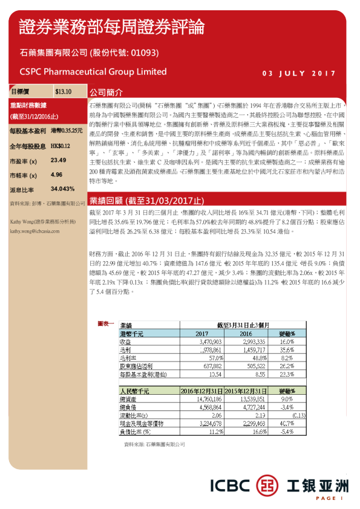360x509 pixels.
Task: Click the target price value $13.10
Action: [63, 92]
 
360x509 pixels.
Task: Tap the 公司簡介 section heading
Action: [106, 93]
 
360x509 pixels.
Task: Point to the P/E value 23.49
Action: [59, 160]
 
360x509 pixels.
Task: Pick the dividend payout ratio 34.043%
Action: [63, 189]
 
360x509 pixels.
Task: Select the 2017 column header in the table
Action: [202, 334]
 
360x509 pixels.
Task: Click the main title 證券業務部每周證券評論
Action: [112, 27]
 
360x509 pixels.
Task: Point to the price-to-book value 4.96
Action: [57, 175]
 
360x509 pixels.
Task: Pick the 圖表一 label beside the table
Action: [105, 325]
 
